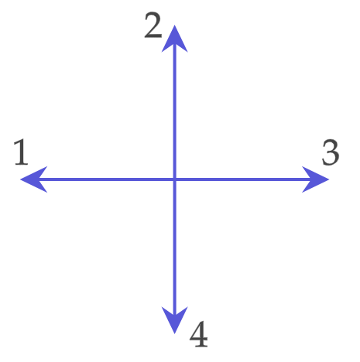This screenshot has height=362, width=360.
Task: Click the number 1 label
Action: pyautogui.click(x=21, y=152)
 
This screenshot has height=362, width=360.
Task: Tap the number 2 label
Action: pyautogui.click(x=153, y=26)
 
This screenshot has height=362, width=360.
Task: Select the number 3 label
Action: pyautogui.click(x=331, y=152)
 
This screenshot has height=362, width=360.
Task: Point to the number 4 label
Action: pyautogui.click(x=199, y=334)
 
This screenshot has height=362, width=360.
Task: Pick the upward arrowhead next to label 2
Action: pyautogui.click(x=175, y=41)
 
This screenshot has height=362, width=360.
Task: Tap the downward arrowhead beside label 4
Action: pyautogui.click(x=175, y=318)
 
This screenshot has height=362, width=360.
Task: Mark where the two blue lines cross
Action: pyautogui.click(x=175, y=179)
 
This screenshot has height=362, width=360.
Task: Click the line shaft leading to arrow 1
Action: pyautogui.click(x=106, y=179)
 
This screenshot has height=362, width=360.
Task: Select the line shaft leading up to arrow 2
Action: pyautogui.click(x=175, y=111)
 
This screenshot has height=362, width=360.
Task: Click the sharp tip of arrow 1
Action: pyautogui.click(x=20, y=179)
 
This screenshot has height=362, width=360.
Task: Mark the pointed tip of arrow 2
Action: pyautogui.click(x=175, y=26)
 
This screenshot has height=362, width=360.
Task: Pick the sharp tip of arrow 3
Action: pyautogui.click(x=329, y=179)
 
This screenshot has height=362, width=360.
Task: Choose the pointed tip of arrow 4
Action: pyautogui.click(x=175, y=334)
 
